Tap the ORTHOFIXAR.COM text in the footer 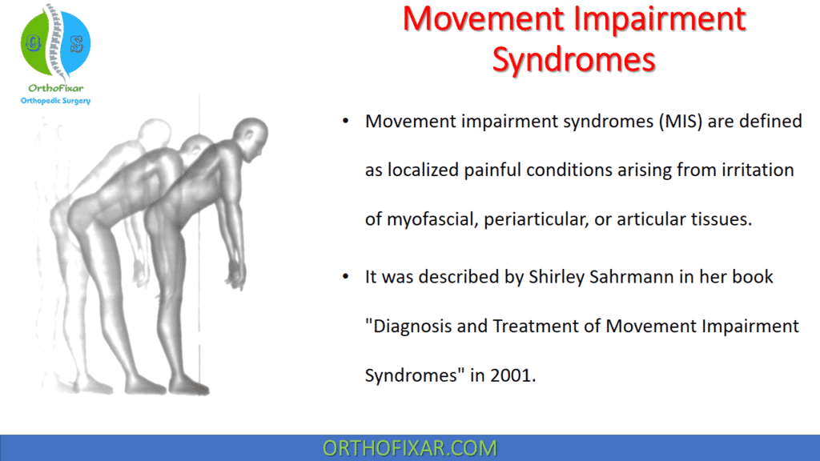click(409, 447)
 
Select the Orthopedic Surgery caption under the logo click(55, 101)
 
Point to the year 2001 click(512, 375)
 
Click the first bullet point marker click(345, 122)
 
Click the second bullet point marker click(345, 277)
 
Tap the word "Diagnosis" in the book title click(407, 326)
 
